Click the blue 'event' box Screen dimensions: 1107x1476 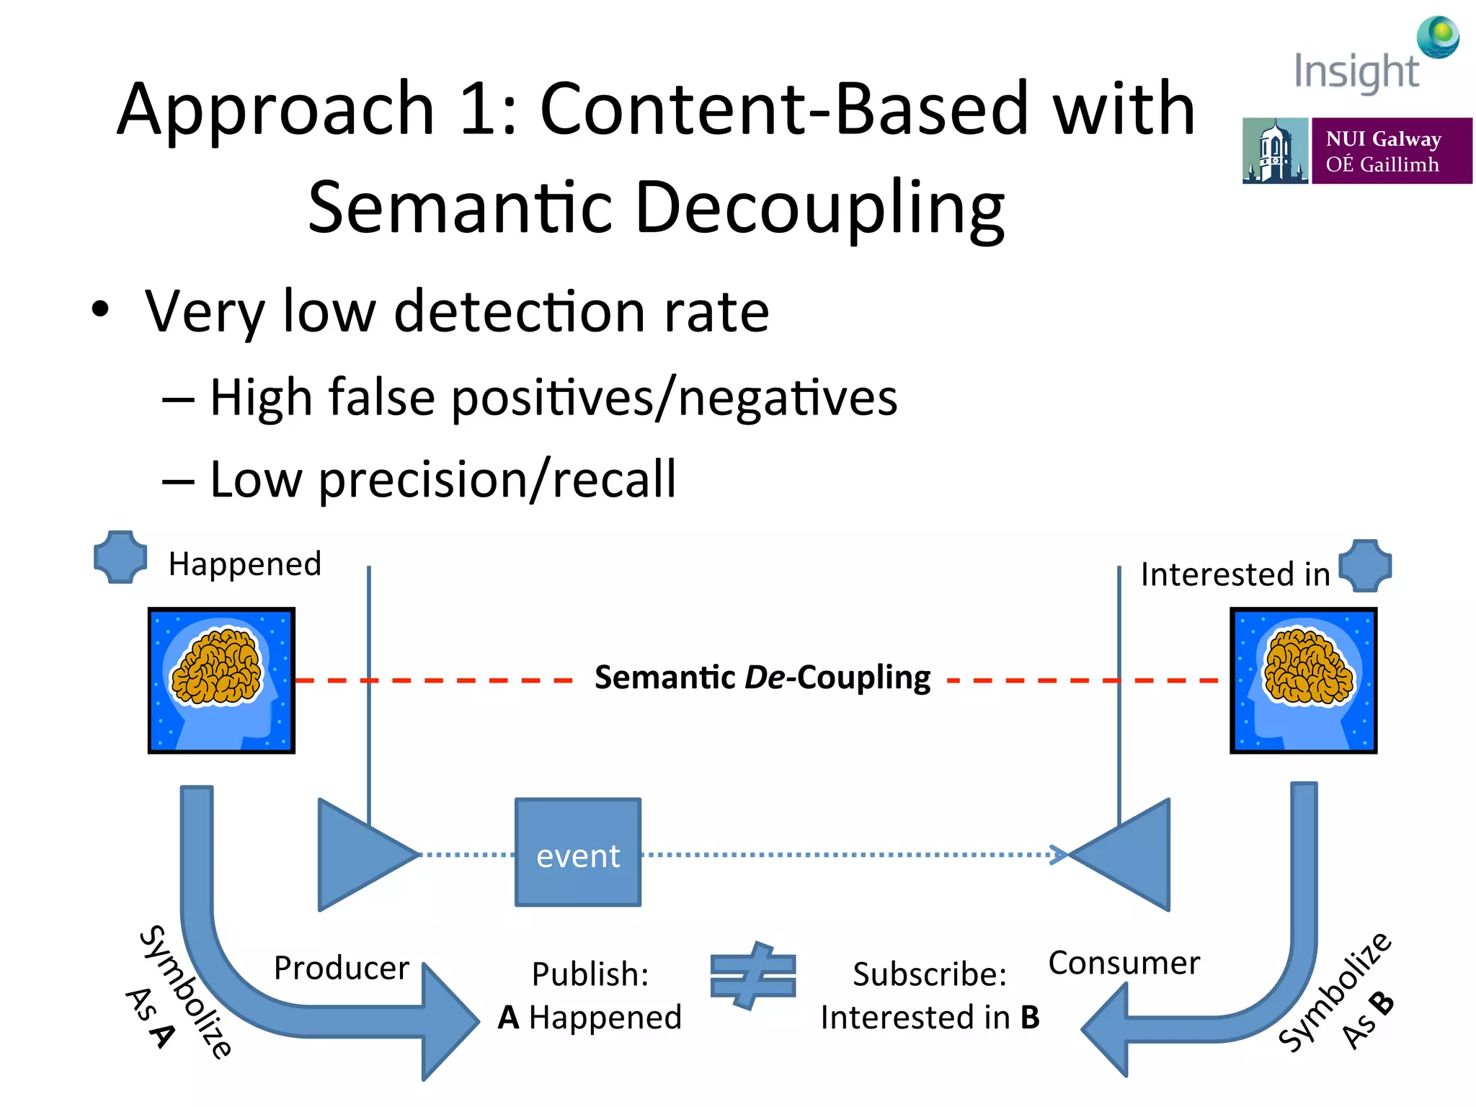pos(577,852)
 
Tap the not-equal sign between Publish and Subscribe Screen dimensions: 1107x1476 pos(753,976)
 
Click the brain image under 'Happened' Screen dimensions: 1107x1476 pos(221,680)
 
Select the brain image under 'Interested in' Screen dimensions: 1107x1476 pos(1303,680)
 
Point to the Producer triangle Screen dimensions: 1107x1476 pos(360,855)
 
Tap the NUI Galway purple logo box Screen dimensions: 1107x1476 pos(1391,151)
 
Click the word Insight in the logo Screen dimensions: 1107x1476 pos(1356,72)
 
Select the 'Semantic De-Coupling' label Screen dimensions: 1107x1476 pos(762,677)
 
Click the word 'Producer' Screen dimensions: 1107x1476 pos(341,967)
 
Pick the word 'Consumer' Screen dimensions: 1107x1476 pos(1124,963)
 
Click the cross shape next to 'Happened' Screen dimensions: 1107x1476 pos(120,556)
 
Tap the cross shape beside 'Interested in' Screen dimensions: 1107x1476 pos(1365,566)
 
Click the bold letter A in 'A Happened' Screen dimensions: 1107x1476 pos(509,1018)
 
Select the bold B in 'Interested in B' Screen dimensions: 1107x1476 pos(1030,1018)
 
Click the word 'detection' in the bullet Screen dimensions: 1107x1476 pos(519,311)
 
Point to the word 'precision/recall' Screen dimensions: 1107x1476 pos(497,480)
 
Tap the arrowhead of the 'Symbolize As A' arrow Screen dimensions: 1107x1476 pos(450,1022)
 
